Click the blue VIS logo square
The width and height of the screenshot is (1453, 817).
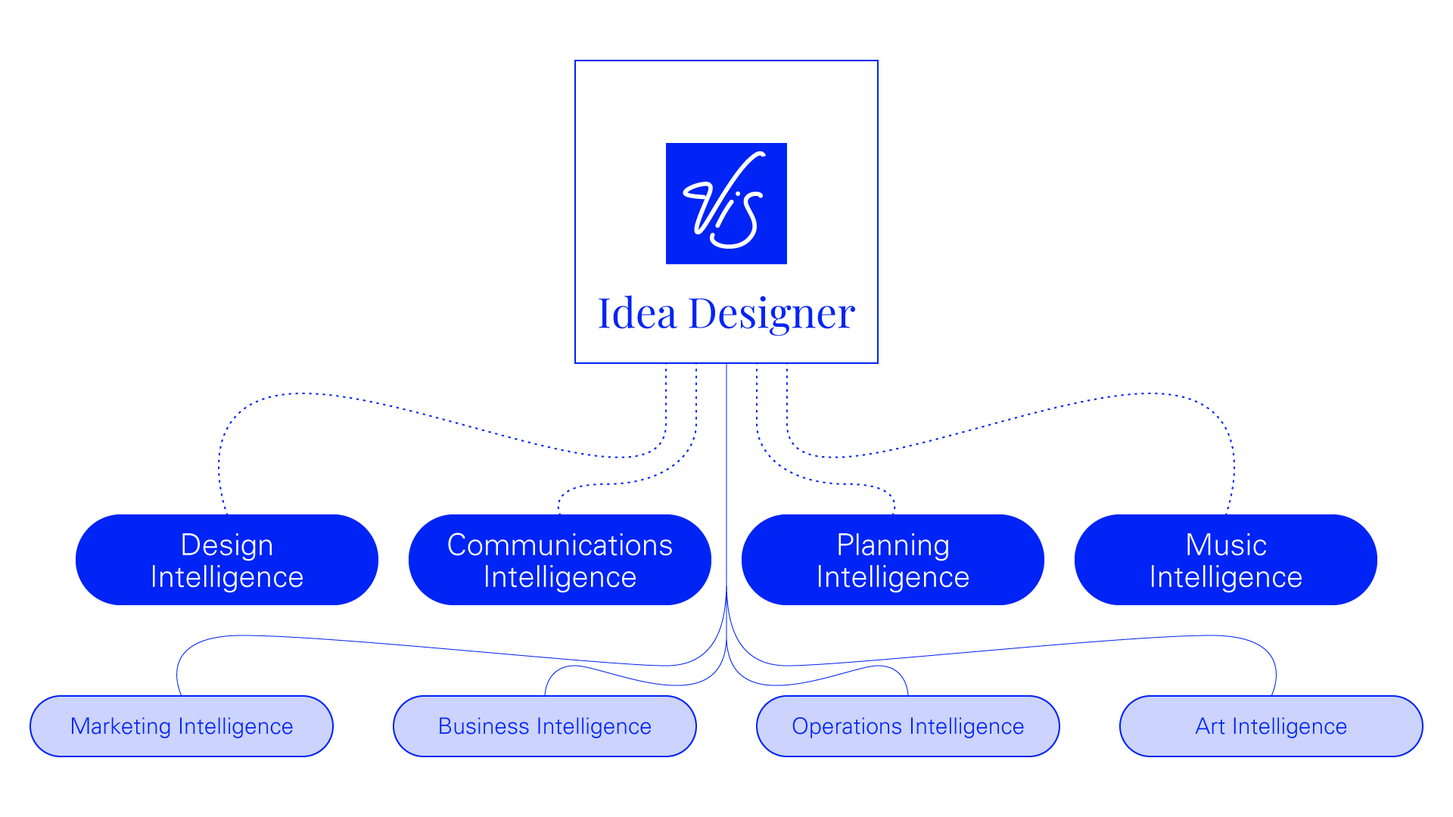tap(726, 203)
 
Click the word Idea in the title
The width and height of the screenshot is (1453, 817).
tap(636, 313)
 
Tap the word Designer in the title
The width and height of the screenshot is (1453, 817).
tap(771, 313)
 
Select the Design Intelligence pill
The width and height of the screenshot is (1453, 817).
tap(227, 560)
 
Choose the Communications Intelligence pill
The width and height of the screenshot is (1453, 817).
tap(560, 560)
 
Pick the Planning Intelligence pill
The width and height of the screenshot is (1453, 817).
tap(893, 560)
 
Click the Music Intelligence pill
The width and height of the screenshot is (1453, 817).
tap(1226, 560)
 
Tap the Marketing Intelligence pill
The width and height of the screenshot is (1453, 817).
tap(182, 726)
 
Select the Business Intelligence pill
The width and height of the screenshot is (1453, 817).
tap(545, 726)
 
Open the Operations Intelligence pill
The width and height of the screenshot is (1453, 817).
tap(908, 726)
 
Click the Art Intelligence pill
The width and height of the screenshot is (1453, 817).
tap(1271, 726)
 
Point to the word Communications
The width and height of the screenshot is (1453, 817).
tap(560, 545)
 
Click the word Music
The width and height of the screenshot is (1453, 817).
tap(1226, 545)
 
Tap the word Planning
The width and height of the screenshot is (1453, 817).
tap(893, 545)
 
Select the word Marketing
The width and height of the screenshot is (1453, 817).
tap(120, 726)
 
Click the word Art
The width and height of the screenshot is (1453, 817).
tap(1209, 726)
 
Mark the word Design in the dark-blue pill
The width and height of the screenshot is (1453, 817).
tap(227, 545)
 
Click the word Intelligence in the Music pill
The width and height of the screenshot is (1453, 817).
tap(1226, 577)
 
